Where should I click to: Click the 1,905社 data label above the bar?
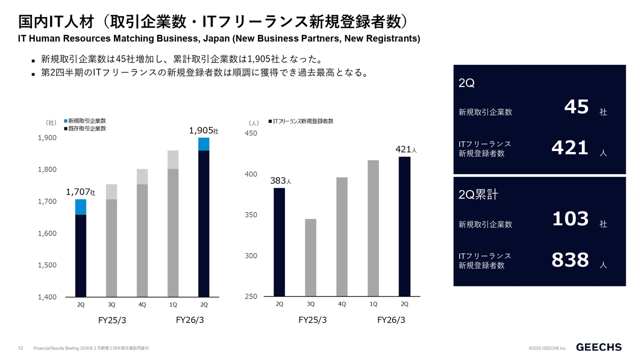click(203, 130)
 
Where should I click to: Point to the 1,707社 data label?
click(80, 192)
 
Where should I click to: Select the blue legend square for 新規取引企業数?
click(65, 121)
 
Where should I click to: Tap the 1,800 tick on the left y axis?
click(47, 169)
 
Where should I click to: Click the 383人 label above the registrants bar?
click(280, 181)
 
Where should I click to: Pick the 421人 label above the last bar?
click(406, 149)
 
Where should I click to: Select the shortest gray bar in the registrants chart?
click(310, 257)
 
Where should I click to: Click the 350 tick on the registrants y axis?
click(250, 215)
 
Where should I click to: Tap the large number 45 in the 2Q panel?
click(576, 106)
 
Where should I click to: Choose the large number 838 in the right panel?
click(570, 260)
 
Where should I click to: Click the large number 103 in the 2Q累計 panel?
click(570, 219)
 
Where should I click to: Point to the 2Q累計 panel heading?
click(478, 194)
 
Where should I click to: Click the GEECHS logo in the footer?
click(598, 347)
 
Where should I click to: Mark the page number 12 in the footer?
click(21, 348)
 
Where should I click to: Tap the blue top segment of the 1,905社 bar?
click(203, 144)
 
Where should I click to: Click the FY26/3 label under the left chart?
click(190, 320)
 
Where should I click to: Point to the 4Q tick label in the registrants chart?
click(342, 304)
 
